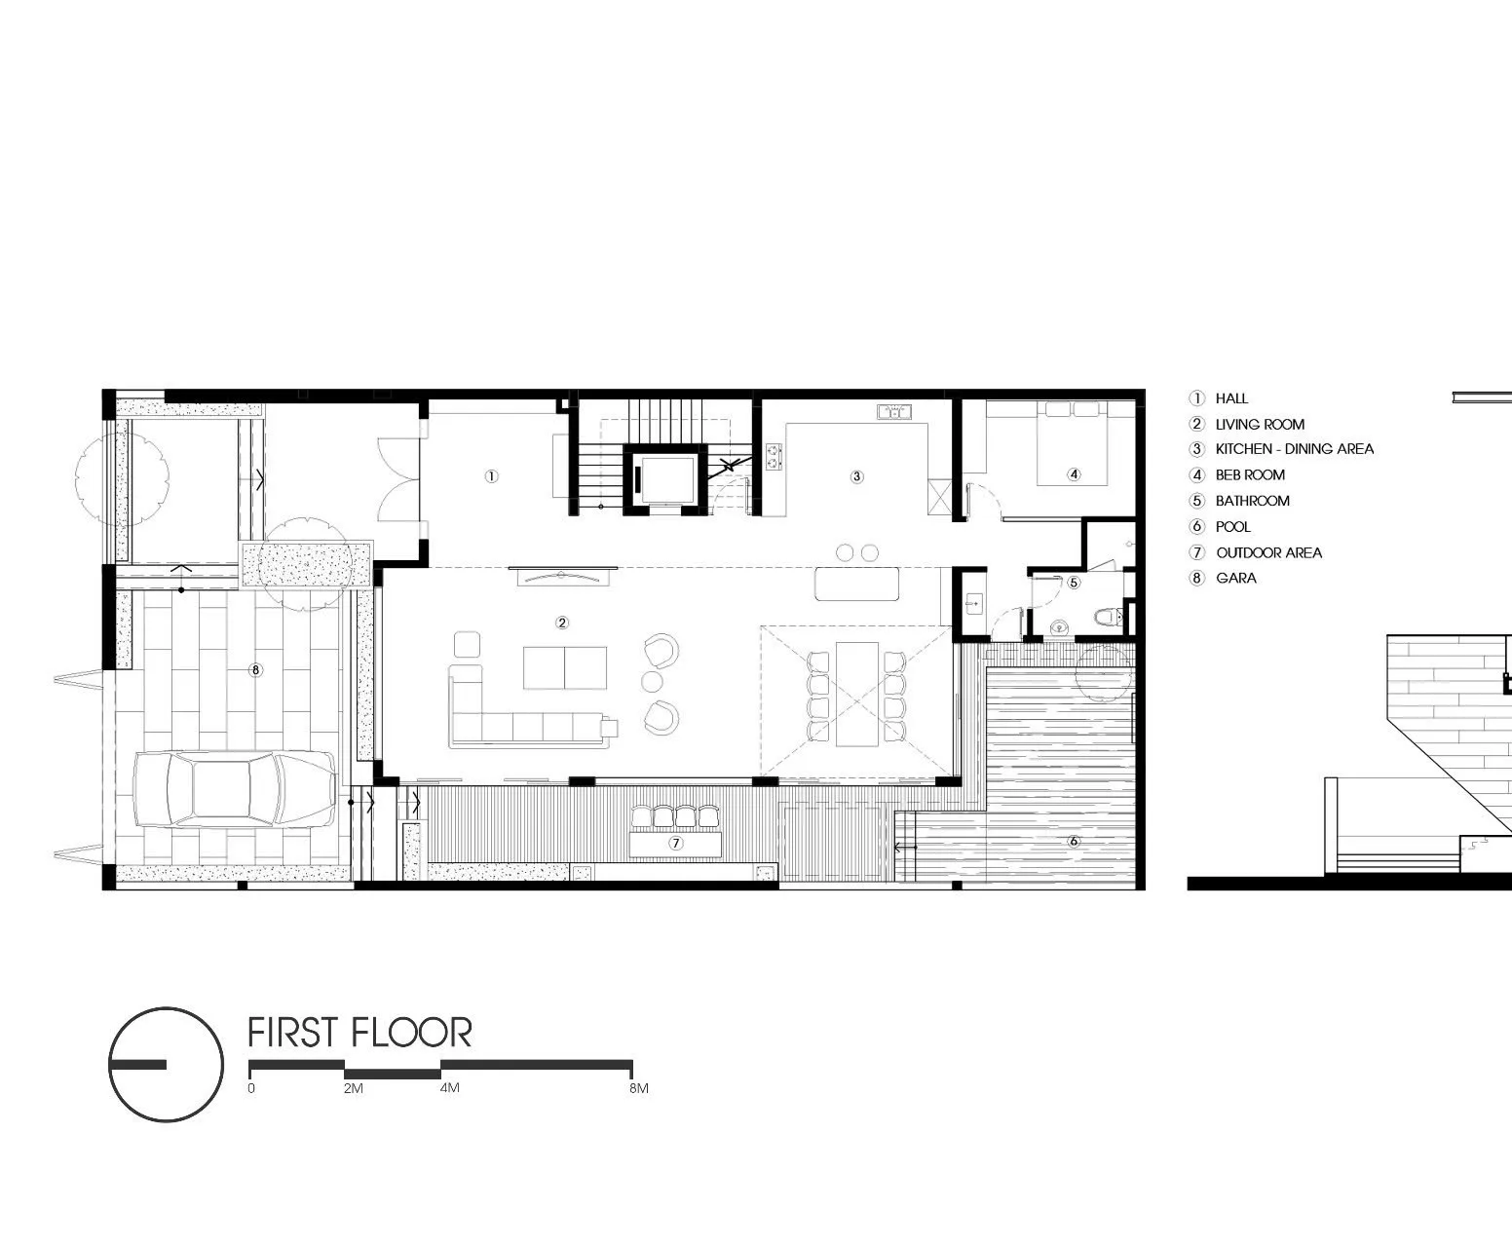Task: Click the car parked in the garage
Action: [236, 788]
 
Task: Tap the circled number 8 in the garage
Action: [255, 670]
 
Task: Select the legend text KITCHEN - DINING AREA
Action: [1294, 449]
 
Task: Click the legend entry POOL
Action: [1232, 526]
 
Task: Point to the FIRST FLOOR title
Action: [359, 1033]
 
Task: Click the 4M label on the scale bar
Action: [450, 1087]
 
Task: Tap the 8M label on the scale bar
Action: [639, 1087]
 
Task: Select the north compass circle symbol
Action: [166, 1064]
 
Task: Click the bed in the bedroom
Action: [1072, 444]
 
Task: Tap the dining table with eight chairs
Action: [856, 693]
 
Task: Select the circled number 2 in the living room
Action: [562, 623]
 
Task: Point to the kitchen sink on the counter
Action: [894, 412]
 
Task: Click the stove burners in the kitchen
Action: [774, 457]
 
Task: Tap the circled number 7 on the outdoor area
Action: [675, 843]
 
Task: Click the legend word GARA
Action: [1236, 578]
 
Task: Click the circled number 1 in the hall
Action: [492, 475]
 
